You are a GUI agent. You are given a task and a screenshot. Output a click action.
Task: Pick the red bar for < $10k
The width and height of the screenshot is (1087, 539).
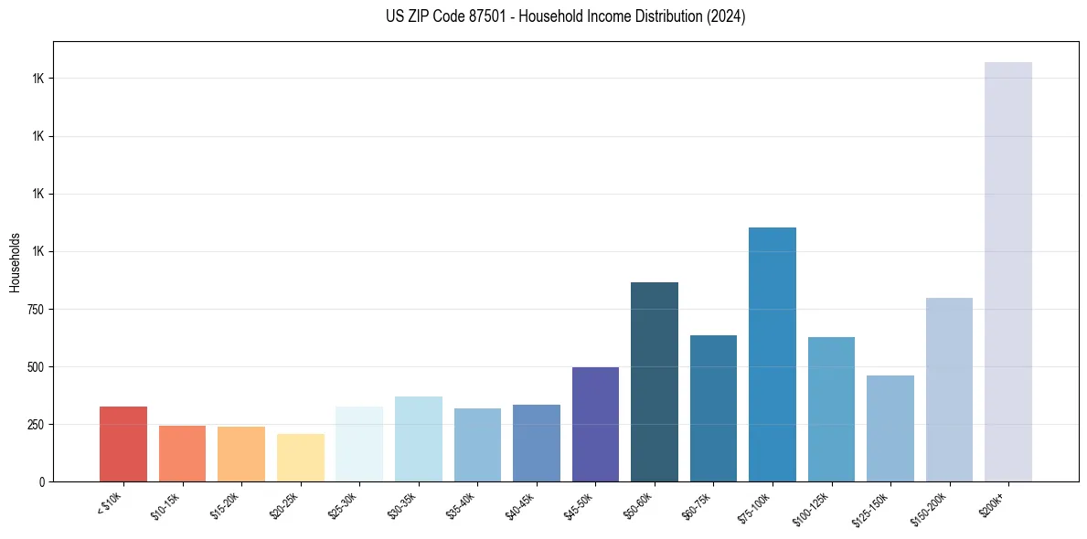(123, 444)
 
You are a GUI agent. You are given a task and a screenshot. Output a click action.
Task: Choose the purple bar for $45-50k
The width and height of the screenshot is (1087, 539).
(595, 424)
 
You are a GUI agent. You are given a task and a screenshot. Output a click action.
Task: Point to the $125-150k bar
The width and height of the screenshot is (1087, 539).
(890, 428)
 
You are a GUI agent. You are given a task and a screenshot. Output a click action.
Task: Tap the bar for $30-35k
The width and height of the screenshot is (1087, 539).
(419, 439)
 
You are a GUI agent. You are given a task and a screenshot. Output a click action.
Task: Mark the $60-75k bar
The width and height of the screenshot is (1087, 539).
(713, 408)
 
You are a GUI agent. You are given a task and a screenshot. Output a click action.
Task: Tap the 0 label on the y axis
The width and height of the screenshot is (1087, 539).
(42, 482)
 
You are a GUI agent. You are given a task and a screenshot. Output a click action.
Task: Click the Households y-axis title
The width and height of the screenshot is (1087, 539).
(15, 262)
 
